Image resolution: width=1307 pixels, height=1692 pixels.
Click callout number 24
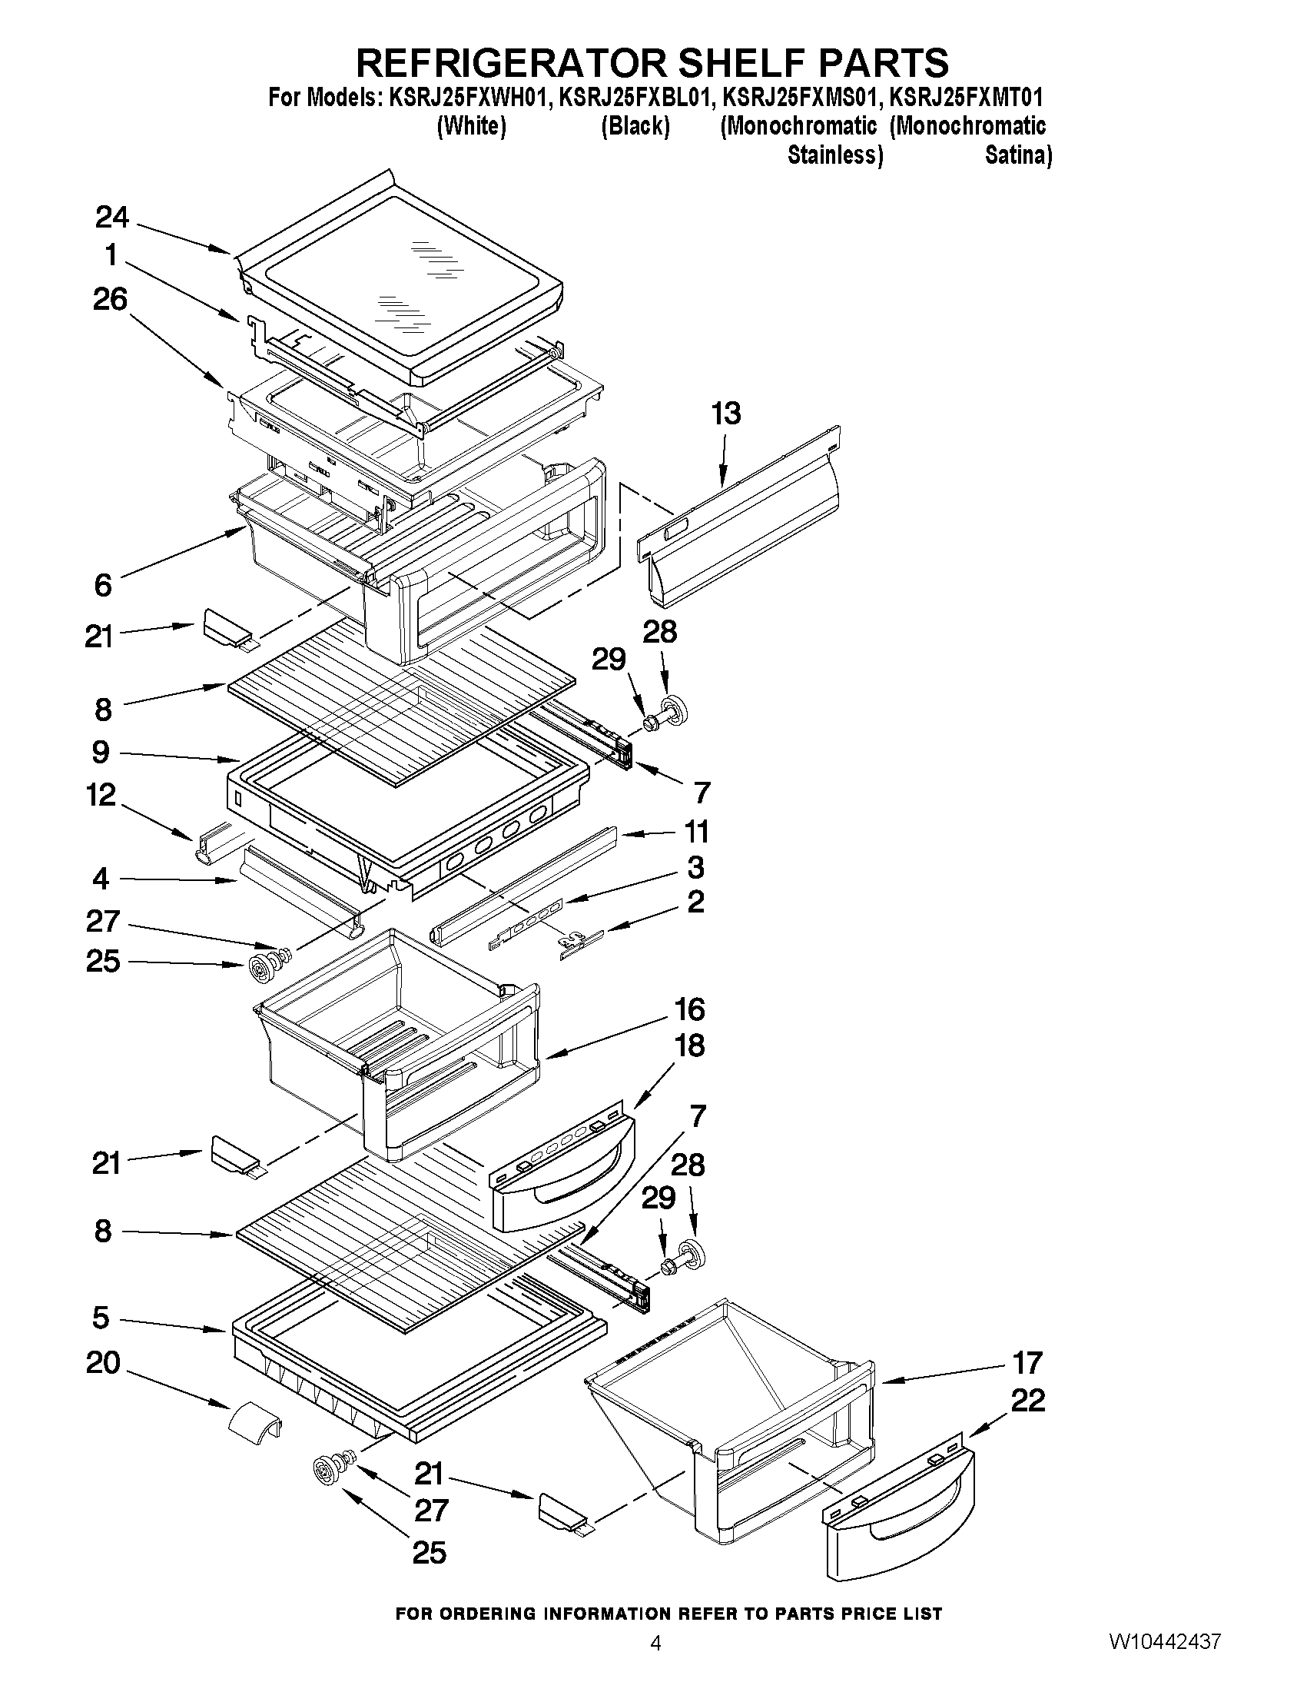pyautogui.click(x=111, y=218)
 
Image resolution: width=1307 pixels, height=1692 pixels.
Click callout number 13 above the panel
pyautogui.click(x=725, y=414)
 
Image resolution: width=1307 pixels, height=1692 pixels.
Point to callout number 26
pyautogui.click(x=110, y=299)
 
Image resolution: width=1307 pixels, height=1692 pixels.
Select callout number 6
pyautogui.click(x=103, y=585)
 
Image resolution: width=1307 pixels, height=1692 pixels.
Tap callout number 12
pyautogui.click(x=101, y=794)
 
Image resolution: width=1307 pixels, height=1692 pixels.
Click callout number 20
pyautogui.click(x=103, y=1385)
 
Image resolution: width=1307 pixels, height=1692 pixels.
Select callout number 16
pyautogui.click(x=689, y=1009)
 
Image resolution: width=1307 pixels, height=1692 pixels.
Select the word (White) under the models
pyautogui.click(x=472, y=125)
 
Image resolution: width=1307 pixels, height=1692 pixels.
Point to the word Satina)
pyautogui.click(x=1017, y=156)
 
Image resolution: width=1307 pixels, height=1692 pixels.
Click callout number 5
pyautogui.click(x=101, y=1317)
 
